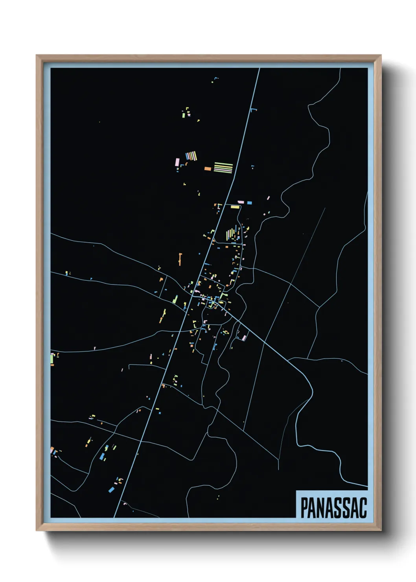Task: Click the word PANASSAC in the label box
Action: (x=333, y=508)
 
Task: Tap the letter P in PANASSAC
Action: (x=304, y=508)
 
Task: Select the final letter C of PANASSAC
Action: (x=363, y=508)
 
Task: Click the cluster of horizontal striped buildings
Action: (x=223, y=168)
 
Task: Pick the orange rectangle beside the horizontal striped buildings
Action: (x=208, y=169)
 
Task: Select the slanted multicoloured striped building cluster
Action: (x=191, y=156)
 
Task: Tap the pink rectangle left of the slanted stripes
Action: (x=177, y=162)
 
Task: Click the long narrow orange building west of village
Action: (x=180, y=259)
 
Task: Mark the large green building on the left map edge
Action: (x=52, y=359)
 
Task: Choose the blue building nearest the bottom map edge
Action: (x=111, y=490)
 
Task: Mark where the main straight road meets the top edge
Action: (x=260, y=68)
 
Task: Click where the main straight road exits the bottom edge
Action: (x=114, y=517)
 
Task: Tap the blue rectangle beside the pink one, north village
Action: (x=249, y=203)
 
